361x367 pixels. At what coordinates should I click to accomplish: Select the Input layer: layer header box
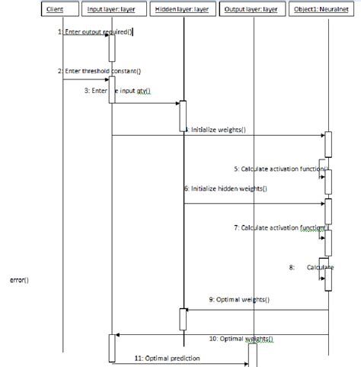(111, 9)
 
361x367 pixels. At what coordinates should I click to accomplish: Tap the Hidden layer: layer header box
(181, 9)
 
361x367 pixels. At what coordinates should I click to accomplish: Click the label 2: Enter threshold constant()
(99, 71)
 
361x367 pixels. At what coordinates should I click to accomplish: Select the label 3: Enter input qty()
(118, 90)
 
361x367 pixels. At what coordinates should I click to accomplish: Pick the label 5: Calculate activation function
(281, 168)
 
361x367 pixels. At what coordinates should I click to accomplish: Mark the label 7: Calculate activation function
(281, 227)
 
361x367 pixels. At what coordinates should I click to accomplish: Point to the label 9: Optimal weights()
(238, 300)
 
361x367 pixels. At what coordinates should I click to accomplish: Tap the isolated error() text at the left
(19, 279)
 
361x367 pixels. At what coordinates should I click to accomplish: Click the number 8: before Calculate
(292, 267)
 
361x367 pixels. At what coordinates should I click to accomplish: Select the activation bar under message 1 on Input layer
(111, 47)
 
